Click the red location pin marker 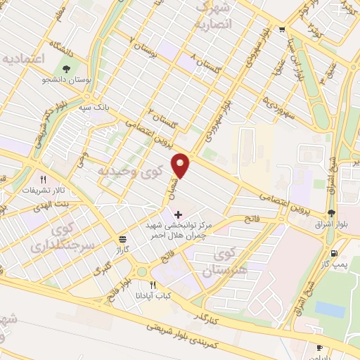point(182,165)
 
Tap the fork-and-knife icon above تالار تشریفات point(44,179)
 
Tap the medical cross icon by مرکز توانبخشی point(177,213)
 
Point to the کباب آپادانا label point(154,296)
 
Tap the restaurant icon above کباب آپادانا point(153,284)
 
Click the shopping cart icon point(282,29)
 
